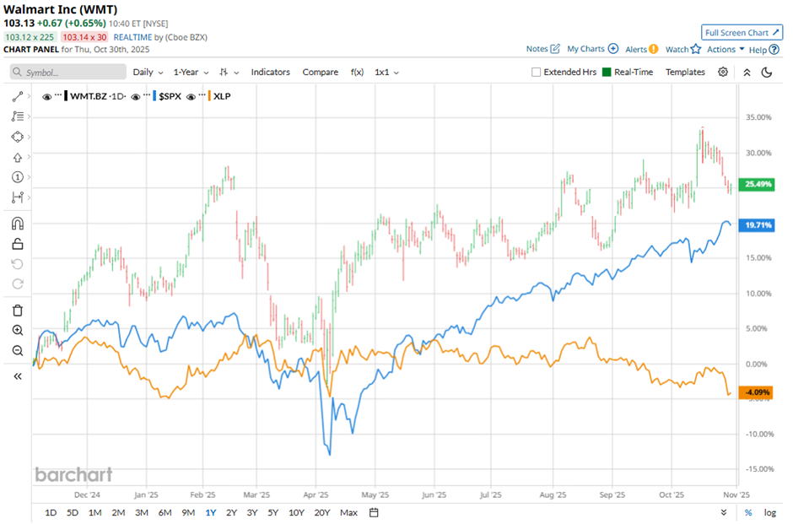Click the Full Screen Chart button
click(x=742, y=33)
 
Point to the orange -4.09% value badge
click(x=755, y=392)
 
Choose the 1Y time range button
click(x=209, y=512)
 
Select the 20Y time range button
click(x=321, y=512)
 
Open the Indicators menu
click(x=270, y=73)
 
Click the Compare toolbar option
click(x=320, y=73)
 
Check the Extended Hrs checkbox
click(x=537, y=73)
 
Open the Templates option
click(x=685, y=73)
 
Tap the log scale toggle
click(x=769, y=512)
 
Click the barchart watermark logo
click(x=73, y=475)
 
